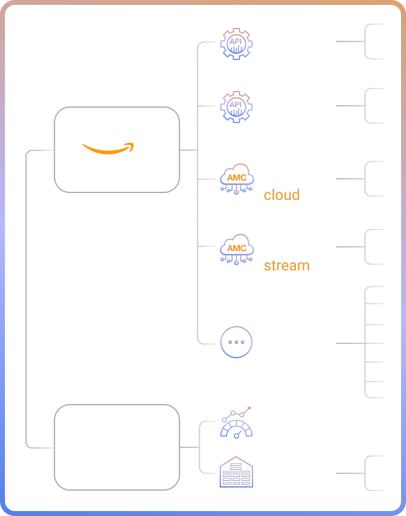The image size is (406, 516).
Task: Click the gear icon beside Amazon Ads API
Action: (236, 43)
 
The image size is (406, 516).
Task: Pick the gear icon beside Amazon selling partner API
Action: (236, 106)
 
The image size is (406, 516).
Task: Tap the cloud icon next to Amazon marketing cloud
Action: (236, 178)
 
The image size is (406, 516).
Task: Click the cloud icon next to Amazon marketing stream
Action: (236, 249)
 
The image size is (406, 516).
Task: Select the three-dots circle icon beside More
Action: (236, 342)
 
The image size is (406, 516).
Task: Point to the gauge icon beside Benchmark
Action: (236, 423)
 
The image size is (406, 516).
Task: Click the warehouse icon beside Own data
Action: (236, 473)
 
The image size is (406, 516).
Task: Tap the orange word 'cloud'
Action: (282, 195)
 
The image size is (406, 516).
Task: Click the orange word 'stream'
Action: (287, 265)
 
